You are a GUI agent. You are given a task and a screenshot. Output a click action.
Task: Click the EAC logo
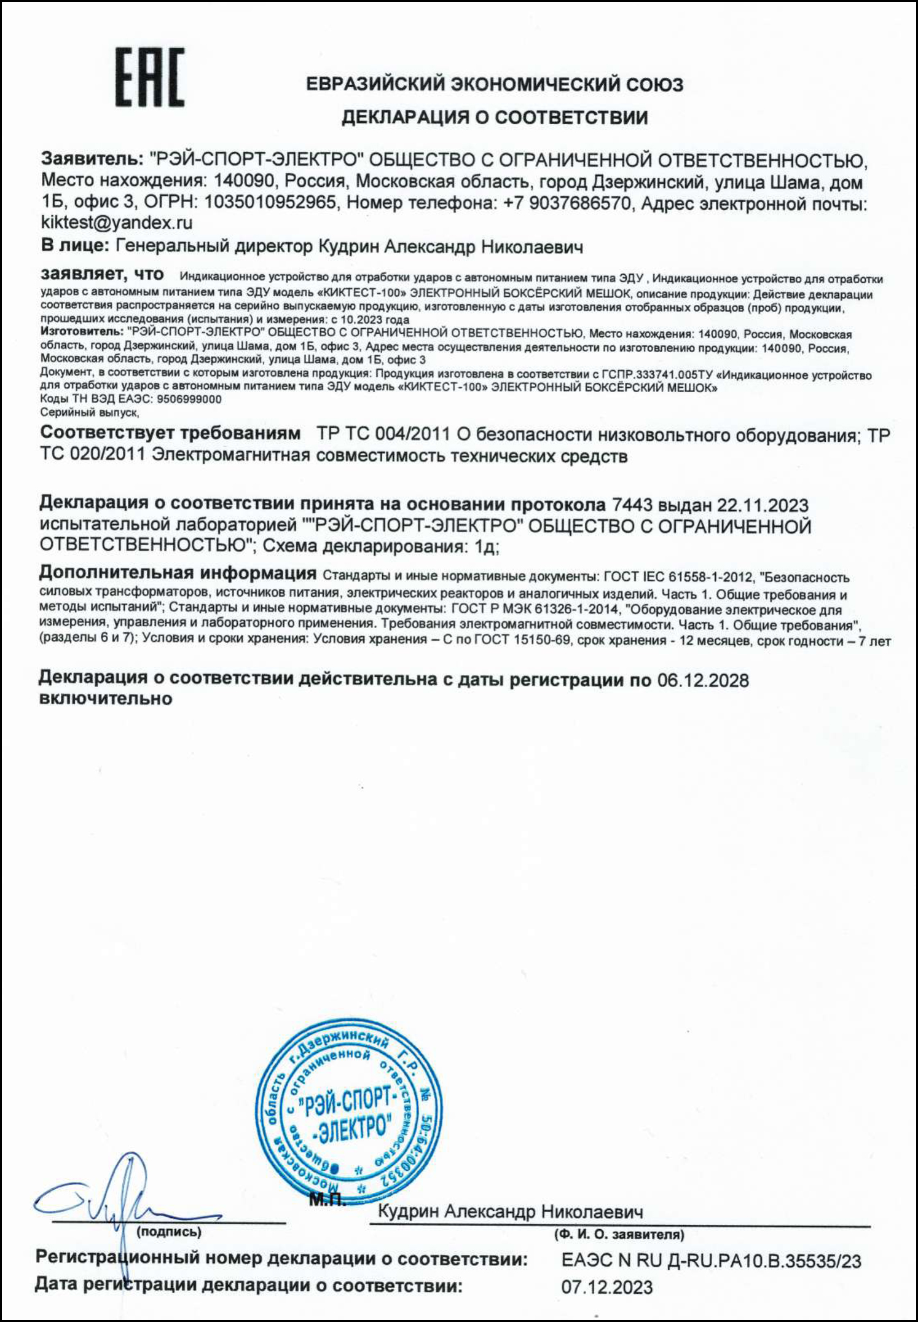(150, 76)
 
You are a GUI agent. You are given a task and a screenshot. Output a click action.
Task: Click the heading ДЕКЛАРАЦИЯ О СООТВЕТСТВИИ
(495, 117)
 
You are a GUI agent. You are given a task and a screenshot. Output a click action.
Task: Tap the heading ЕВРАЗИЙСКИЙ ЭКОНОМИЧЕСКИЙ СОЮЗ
(495, 84)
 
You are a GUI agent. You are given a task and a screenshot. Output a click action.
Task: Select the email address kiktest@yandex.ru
(117, 222)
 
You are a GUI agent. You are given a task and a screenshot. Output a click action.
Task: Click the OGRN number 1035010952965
(270, 202)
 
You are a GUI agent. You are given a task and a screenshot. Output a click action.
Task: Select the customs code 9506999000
(189, 399)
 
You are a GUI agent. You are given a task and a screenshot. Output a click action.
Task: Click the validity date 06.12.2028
(703, 680)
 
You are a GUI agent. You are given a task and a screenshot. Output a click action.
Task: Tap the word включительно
(105, 699)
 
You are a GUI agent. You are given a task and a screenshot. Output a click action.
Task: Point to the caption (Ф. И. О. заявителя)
(619, 1234)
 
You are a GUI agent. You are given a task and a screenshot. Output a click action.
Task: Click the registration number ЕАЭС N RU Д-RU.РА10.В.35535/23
(711, 1261)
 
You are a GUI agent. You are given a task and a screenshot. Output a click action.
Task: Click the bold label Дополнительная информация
(178, 573)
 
